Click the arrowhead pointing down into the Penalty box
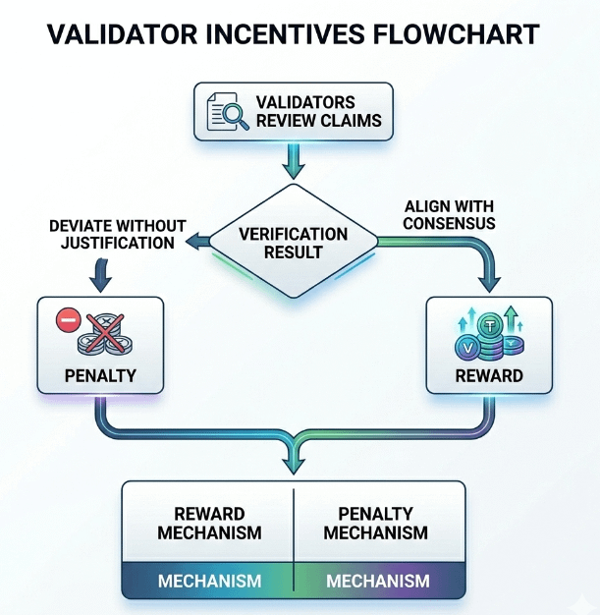(x=97, y=284)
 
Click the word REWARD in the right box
(x=489, y=375)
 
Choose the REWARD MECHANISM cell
(x=209, y=523)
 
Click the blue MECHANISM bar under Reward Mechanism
(x=209, y=581)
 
